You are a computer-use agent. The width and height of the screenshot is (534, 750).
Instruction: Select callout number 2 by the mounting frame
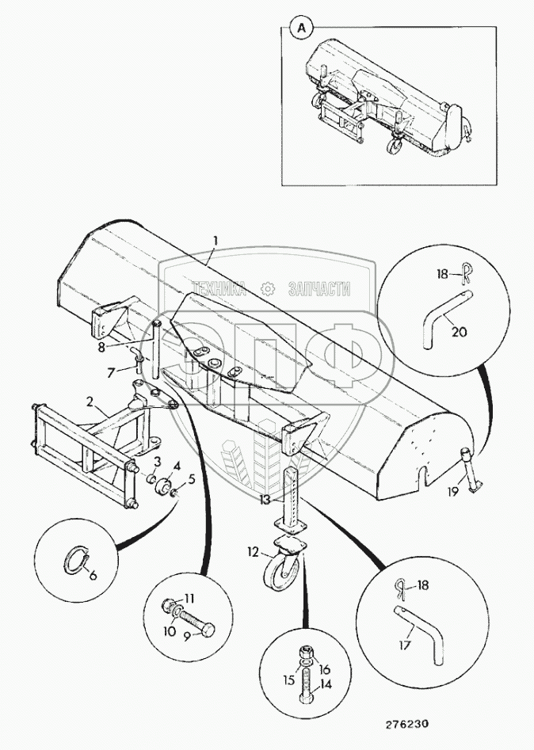coord(91,403)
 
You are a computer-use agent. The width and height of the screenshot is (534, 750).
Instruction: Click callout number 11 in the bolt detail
coord(189,600)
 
